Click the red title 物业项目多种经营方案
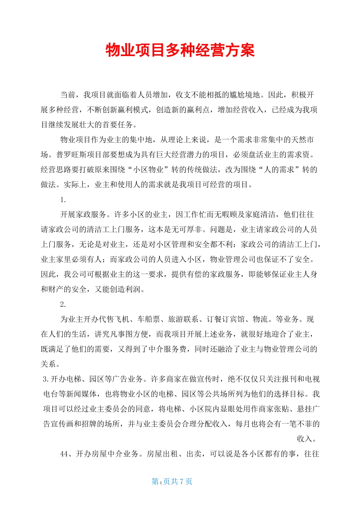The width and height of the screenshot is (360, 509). (x=180, y=50)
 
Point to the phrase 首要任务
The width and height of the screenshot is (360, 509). (x=117, y=125)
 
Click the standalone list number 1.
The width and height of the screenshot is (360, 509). (x=63, y=200)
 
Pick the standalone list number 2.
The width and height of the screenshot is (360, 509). (x=63, y=304)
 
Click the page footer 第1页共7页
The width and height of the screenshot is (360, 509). (x=172, y=481)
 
